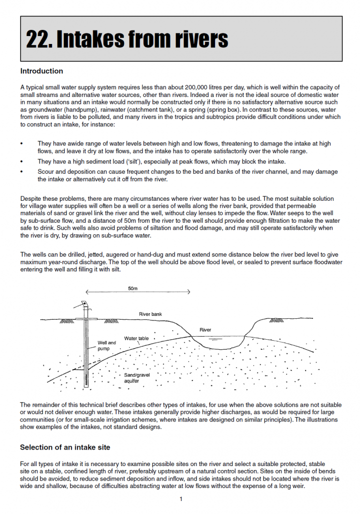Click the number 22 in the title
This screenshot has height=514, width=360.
pyautogui.click(x=38, y=38)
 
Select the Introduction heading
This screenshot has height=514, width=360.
pyautogui.click(x=41, y=71)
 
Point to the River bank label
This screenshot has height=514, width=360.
pyautogui.click(x=150, y=314)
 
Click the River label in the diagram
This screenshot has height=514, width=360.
pyautogui.click(x=205, y=330)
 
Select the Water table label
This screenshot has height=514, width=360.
pyautogui.click(x=136, y=338)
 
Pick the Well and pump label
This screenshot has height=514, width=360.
pyautogui.click(x=106, y=346)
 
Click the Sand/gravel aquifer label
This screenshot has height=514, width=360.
pyautogui.click(x=136, y=378)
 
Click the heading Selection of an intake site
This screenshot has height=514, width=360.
pyautogui.click(x=65, y=447)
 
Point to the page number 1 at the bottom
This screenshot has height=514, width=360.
pyautogui.click(x=181, y=499)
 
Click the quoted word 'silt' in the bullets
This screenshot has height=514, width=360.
pyautogui.click(x=116, y=161)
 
